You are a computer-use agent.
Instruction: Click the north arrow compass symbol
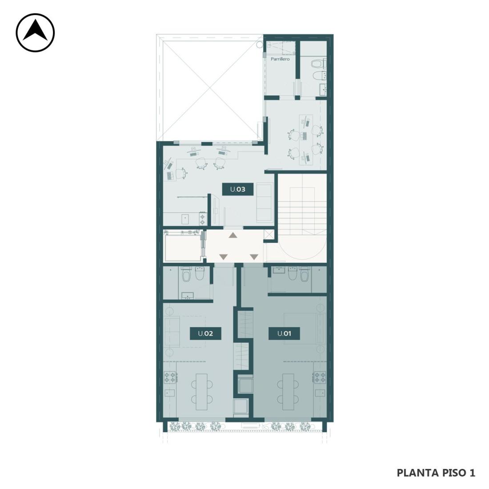click(x=35, y=32)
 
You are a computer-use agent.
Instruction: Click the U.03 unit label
click(x=238, y=189)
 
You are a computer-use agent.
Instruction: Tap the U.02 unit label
click(x=205, y=333)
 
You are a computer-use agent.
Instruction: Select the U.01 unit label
click(x=284, y=333)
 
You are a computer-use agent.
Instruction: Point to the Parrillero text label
click(x=280, y=59)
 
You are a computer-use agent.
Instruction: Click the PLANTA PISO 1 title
click(x=436, y=473)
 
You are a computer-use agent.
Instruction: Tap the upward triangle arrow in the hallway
click(x=232, y=236)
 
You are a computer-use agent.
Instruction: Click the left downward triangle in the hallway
click(x=224, y=257)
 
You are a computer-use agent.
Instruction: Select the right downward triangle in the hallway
click(x=254, y=257)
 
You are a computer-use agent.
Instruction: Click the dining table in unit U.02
click(x=201, y=392)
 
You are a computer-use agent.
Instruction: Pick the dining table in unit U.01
click(x=288, y=392)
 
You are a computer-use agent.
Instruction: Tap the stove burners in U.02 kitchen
click(x=170, y=377)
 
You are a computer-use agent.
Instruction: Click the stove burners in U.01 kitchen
click(x=320, y=377)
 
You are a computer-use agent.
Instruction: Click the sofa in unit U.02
click(x=172, y=332)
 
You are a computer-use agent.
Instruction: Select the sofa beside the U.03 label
click(x=264, y=203)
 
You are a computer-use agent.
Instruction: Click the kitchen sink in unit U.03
click(x=186, y=219)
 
